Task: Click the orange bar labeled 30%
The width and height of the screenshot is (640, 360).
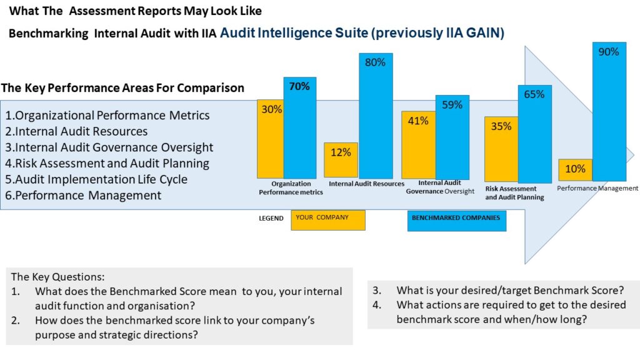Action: click(270, 139)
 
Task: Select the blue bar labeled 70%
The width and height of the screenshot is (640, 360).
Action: click(300, 128)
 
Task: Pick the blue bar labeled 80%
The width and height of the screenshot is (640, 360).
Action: click(376, 116)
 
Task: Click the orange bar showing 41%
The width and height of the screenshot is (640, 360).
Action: click(418, 145)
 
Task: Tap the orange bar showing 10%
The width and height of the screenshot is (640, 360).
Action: click(575, 169)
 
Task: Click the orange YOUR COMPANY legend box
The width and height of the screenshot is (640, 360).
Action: click(328, 220)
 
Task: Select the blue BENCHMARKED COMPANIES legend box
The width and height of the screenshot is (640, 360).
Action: click(456, 221)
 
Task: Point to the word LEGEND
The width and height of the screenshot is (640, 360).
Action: click(271, 219)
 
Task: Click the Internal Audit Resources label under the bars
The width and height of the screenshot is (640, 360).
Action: click(366, 184)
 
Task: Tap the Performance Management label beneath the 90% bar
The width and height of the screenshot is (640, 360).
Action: click(597, 188)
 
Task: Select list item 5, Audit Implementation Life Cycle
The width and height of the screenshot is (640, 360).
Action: click(97, 179)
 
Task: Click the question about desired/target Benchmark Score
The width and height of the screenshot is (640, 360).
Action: click(509, 290)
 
